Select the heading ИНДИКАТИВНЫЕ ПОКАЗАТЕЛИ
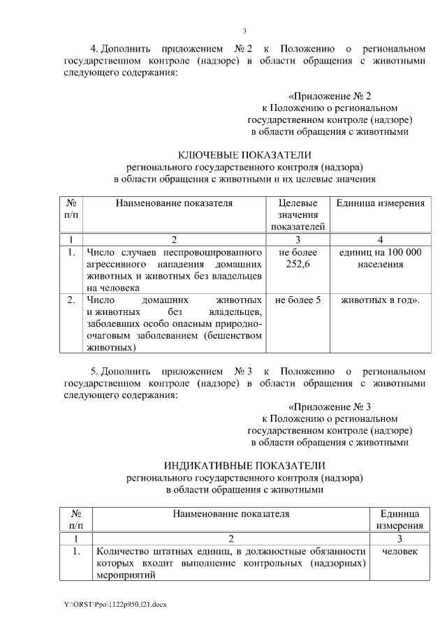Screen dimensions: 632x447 [x=244, y=465]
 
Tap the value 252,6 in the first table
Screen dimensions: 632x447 [x=298, y=264]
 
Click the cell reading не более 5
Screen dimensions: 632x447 [x=298, y=300]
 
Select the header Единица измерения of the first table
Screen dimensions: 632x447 [x=381, y=203]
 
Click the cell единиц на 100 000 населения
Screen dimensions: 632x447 [x=381, y=258]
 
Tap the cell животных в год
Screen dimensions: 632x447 [x=381, y=300]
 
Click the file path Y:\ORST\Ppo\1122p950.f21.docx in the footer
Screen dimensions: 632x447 [x=115, y=602]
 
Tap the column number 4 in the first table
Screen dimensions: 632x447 [x=381, y=240]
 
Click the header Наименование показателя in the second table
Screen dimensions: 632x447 [x=231, y=514]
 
